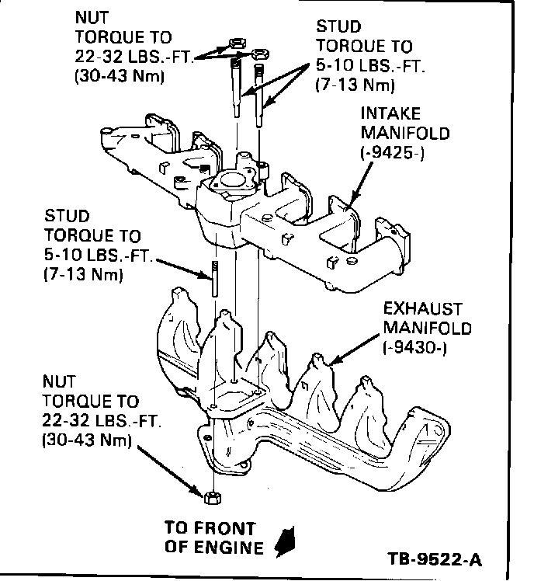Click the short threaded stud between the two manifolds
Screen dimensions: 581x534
click(x=211, y=278)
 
